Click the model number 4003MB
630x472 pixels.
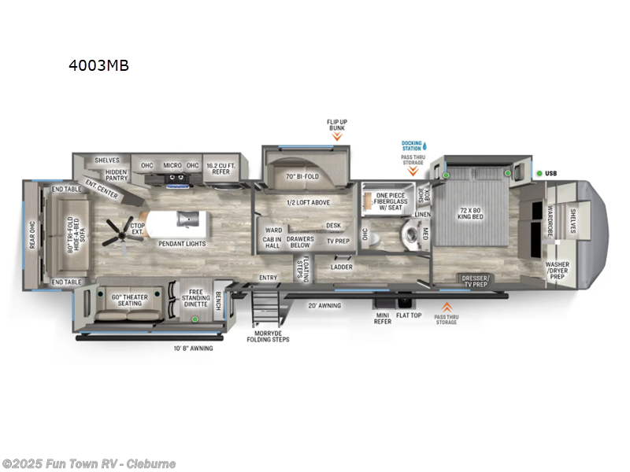pos(98,66)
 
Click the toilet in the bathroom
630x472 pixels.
pos(409,233)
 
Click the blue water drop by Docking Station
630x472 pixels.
pos(424,146)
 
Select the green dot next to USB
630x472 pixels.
pos(539,173)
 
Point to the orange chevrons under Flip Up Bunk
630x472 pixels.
pos(337,136)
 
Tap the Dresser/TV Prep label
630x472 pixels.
pos(476,279)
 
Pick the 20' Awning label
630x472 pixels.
pos(324,305)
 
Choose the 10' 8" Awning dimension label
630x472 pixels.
pos(192,348)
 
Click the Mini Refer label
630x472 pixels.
pos(382,318)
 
